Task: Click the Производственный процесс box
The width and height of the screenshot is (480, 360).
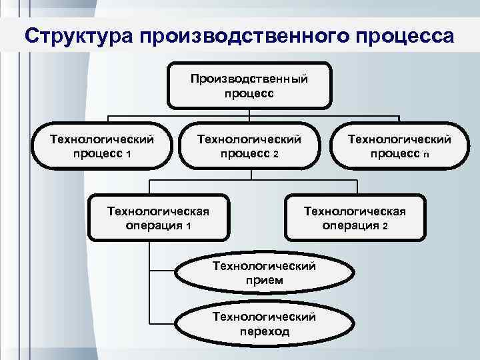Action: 249,85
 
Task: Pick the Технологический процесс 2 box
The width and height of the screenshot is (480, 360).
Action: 249,146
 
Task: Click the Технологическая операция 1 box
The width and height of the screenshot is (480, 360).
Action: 159,217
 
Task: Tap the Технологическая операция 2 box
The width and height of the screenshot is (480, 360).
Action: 355,217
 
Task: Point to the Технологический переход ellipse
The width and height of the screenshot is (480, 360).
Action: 263,323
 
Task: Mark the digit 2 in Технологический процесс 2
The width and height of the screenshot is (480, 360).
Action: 275,154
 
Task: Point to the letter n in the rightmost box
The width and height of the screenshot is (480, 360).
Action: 425,154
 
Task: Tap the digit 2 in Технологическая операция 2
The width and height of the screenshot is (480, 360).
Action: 385,225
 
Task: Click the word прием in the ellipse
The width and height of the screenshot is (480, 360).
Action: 263,281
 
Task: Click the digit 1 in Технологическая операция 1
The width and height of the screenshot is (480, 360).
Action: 189,225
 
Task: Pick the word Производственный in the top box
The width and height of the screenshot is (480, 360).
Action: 249,79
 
